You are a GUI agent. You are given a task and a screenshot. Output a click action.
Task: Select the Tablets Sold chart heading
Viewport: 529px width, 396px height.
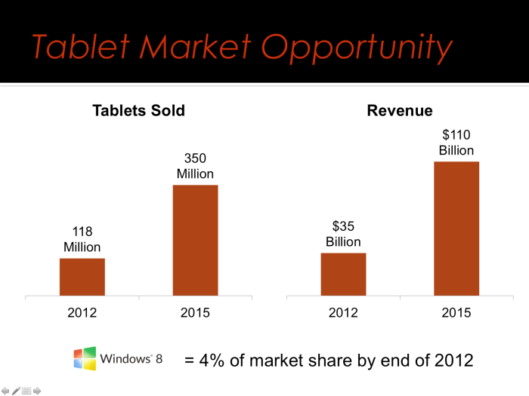(138, 111)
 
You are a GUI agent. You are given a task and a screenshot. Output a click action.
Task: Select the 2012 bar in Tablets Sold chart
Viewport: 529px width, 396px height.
(82, 277)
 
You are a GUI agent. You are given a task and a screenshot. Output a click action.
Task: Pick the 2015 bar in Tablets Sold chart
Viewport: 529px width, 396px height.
(195, 240)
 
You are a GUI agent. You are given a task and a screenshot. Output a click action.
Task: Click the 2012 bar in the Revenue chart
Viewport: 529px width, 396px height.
(343, 274)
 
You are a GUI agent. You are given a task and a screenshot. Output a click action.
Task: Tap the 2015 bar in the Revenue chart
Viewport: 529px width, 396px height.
(456, 228)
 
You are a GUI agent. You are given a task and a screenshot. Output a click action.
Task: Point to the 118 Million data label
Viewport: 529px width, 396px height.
(82, 238)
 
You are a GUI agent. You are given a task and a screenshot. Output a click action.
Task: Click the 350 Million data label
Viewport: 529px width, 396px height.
(195, 166)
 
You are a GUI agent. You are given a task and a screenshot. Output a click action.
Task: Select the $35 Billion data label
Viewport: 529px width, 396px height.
(343, 234)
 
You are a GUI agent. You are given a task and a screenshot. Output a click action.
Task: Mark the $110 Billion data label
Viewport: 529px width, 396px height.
(456, 142)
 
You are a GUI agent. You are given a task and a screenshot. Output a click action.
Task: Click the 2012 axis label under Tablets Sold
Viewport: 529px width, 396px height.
(82, 312)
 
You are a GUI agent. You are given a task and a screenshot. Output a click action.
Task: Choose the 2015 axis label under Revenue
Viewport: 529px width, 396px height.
(456, 312)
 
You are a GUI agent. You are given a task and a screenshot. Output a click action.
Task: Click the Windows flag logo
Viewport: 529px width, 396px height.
(85, 358)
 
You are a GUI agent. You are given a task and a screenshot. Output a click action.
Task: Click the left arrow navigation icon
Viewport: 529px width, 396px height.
(6, 391)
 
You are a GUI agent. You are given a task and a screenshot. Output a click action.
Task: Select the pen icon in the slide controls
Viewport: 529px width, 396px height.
(16, 391)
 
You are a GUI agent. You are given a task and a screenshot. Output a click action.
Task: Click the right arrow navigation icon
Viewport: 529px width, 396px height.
(37, 391)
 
